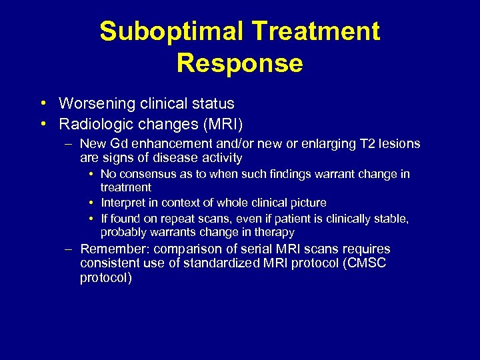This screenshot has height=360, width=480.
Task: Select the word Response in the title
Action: pyautogui.click(x=240, y=63)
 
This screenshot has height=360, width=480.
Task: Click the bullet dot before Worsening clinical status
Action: pyautogui.click(x=42, y=104)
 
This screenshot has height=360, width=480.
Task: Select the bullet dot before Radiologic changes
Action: pyautogui.click(x=42, y=124)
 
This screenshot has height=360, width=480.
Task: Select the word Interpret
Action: pyautogui.click(x=123, y=202)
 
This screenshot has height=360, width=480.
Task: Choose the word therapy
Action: pyautogui.click(x=276, y=232)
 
